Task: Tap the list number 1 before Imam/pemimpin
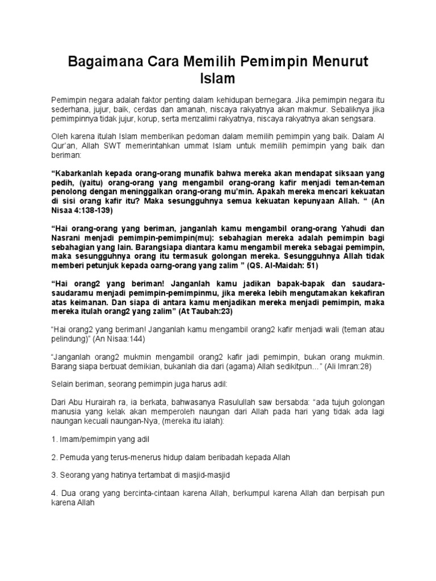point(53,439)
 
